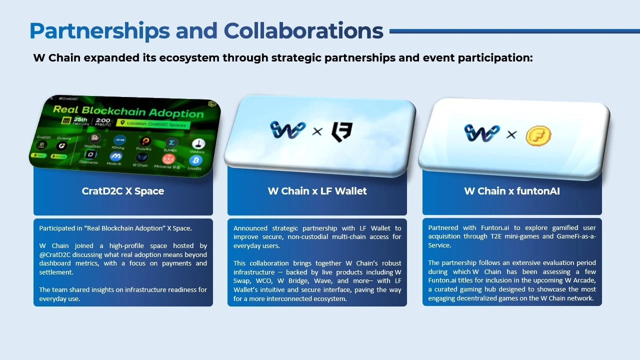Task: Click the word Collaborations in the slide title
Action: click(x=303, y=31)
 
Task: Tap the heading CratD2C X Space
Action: click(x=123, y=191)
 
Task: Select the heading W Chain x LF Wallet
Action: click(x=317, y=191)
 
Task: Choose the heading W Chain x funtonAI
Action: click(x=512, y=191)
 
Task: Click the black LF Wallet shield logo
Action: click(x=342, y=132)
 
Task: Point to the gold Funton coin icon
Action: click(x=538, y=135)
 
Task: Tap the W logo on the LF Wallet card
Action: click(x=287, y=130)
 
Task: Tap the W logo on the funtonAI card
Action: click(x=481, y=133)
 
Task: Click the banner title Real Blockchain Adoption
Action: click(x=128, y=111)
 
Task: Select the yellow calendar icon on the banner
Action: click(x=65, y=120)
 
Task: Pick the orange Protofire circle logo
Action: click(x=145, y=142)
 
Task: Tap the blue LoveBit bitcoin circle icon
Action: click(x=195, y=161)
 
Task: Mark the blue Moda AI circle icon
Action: click(x=115, y=156)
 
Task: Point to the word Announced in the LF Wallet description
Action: click(x=250, y=228)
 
